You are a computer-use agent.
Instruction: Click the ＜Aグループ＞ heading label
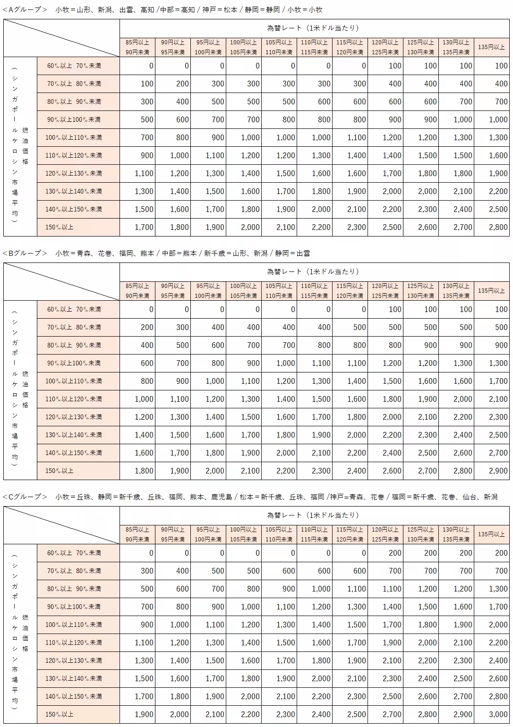pyautogui.click(x=25, y=9)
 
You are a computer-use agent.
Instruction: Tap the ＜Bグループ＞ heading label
pyautogui.click(x=25, y=253)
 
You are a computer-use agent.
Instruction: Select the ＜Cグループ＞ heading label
pyautogui.click(x=25, y=497)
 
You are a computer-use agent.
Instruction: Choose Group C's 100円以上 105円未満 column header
pyautogui.click(x=243, y=534)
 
